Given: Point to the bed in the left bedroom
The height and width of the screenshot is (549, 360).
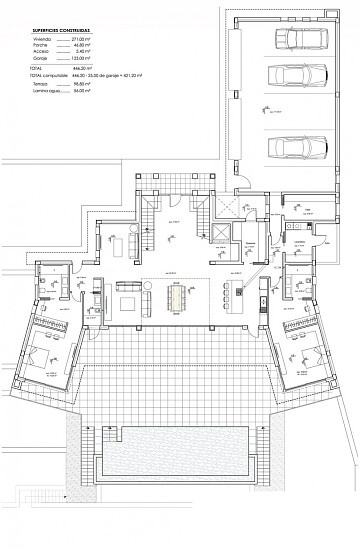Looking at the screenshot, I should tap(51, 355).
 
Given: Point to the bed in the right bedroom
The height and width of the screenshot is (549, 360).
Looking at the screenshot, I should tap(309, 355).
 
